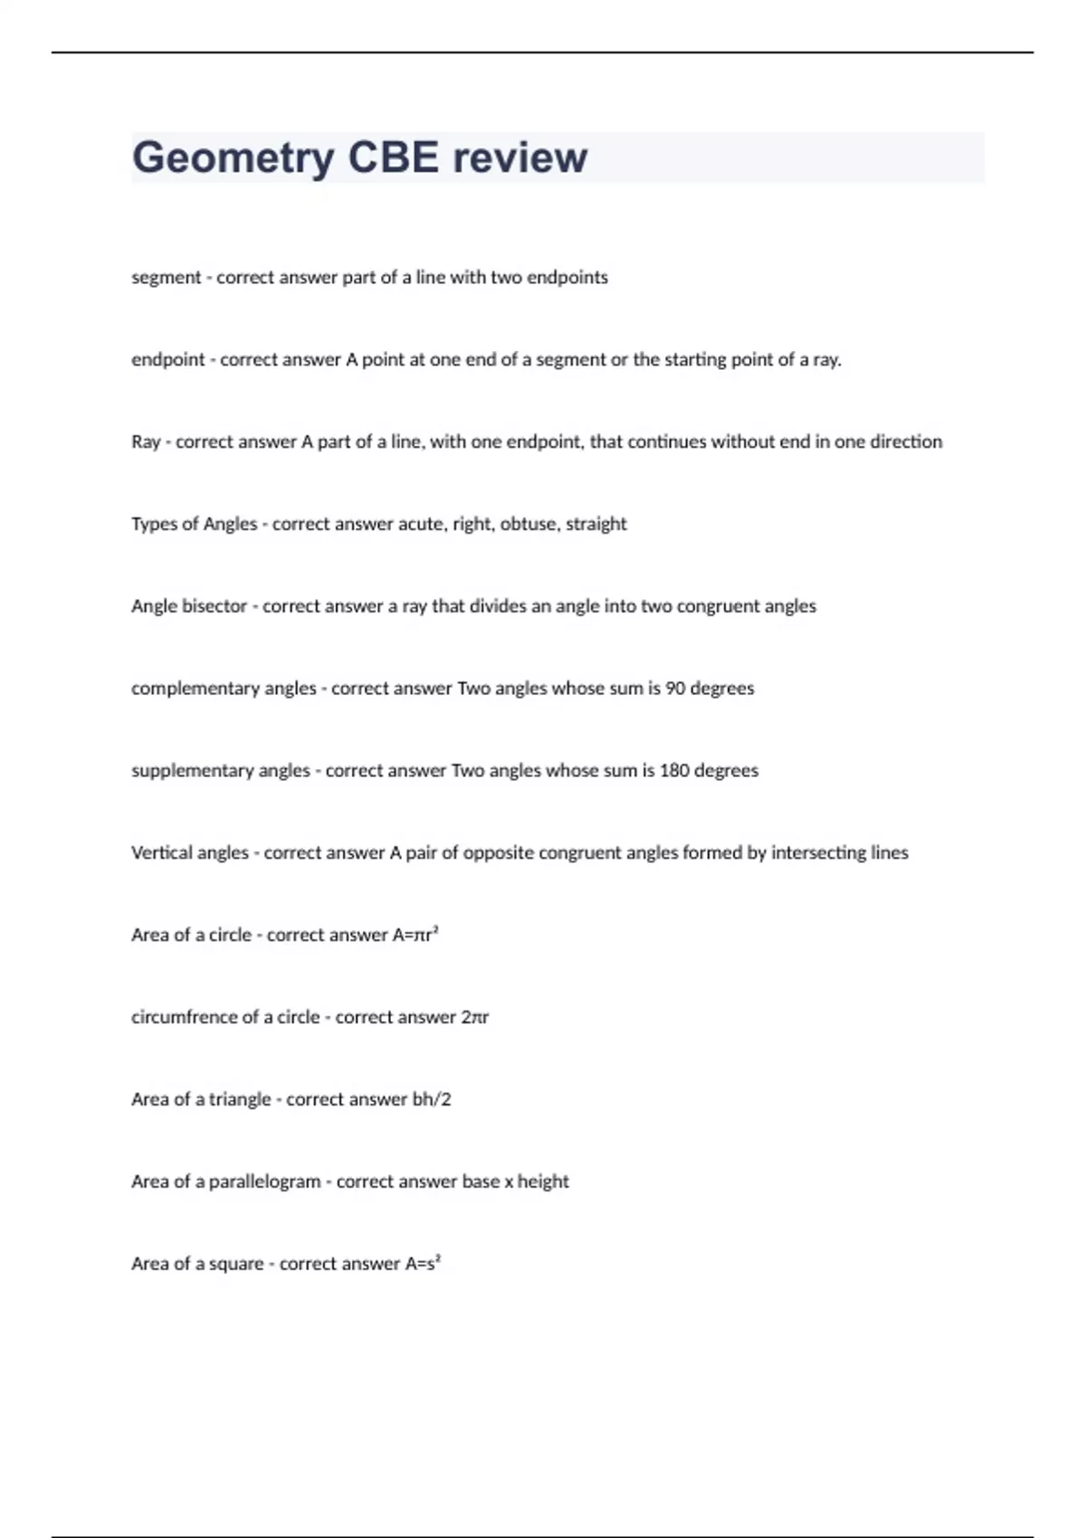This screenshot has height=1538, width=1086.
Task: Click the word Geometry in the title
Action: click(233, 158)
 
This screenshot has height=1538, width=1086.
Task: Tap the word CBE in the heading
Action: click(393, 158)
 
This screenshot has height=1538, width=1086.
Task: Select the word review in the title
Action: click(519, 158)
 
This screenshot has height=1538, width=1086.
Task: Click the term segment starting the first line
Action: click(166, 278)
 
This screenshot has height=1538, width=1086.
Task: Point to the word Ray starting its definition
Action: click(146, 442)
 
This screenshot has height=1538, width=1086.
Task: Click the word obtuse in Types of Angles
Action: click(529, 524)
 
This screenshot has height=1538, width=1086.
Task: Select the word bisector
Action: click(214, 606)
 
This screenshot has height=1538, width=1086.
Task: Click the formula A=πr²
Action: click(415, 935)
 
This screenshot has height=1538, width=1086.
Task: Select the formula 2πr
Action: click(475, 1018)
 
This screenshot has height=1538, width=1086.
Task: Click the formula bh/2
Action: click(432, 1099)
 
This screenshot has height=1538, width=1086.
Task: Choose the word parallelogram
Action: click(264, 1182)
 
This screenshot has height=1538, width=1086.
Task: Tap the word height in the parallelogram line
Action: click(543, 1182)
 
